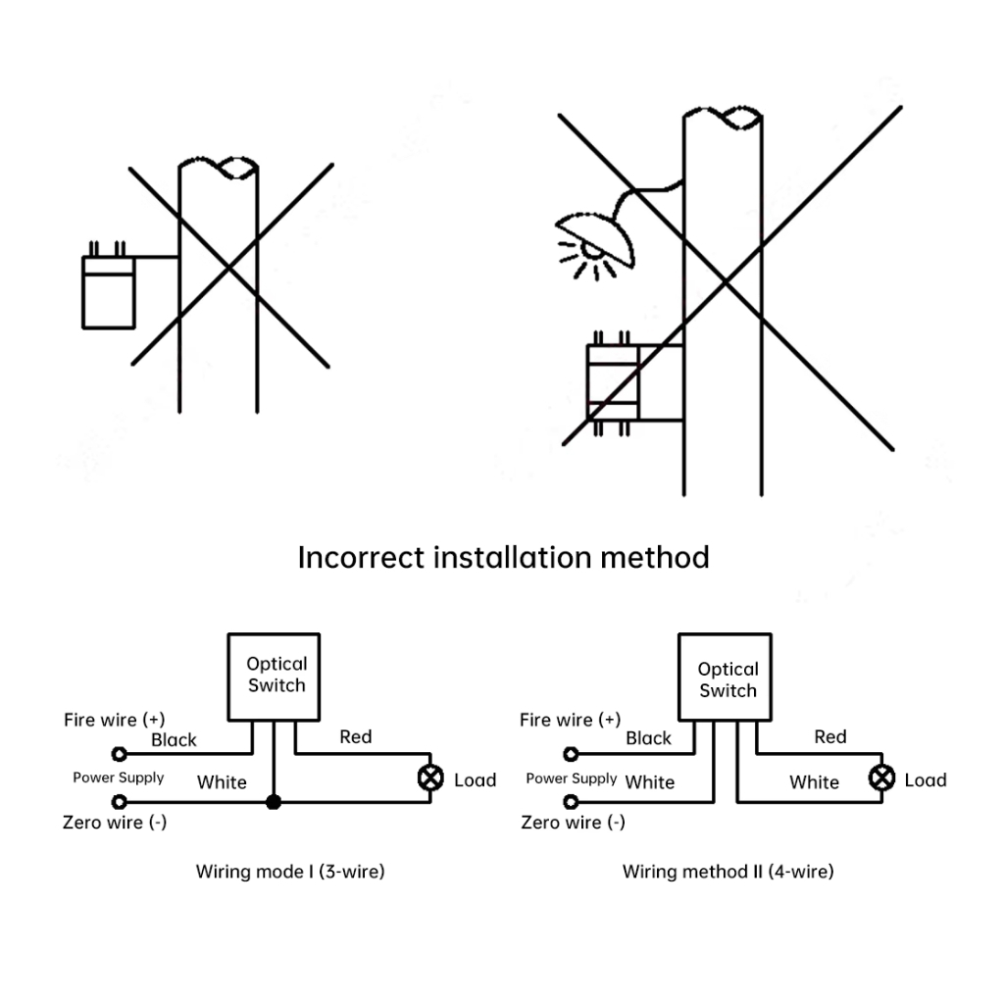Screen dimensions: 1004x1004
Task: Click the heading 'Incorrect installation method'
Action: pos(503,558)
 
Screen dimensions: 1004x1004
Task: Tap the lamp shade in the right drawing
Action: pos(594,236)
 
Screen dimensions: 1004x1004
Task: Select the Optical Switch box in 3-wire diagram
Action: pos(276,676)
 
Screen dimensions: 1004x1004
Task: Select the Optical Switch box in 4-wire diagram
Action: pos(728,678)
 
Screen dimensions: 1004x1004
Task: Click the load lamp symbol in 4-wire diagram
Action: pos(882,778)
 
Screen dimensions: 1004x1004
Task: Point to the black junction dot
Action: pos(274,802)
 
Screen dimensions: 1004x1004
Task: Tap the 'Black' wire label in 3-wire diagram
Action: pos(174,740)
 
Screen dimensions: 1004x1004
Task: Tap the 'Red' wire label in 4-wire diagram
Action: pos(829,736)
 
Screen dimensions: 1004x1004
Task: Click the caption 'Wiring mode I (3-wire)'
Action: pos(290,871)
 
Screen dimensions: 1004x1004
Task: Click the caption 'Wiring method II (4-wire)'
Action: pos(728,871)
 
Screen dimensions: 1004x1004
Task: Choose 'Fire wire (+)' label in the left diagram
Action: pos(114,720)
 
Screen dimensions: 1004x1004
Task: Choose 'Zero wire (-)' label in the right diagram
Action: pos(573,822)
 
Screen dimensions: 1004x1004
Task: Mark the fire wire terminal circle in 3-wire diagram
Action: pos(120,754)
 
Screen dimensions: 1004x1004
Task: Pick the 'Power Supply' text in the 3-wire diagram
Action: pos(118,778)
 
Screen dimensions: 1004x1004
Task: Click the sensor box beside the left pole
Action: pos(107,291)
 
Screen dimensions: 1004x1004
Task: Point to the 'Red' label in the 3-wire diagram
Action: pos(355,736)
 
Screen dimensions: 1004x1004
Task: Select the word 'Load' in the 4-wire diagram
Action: pos(925,780)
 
